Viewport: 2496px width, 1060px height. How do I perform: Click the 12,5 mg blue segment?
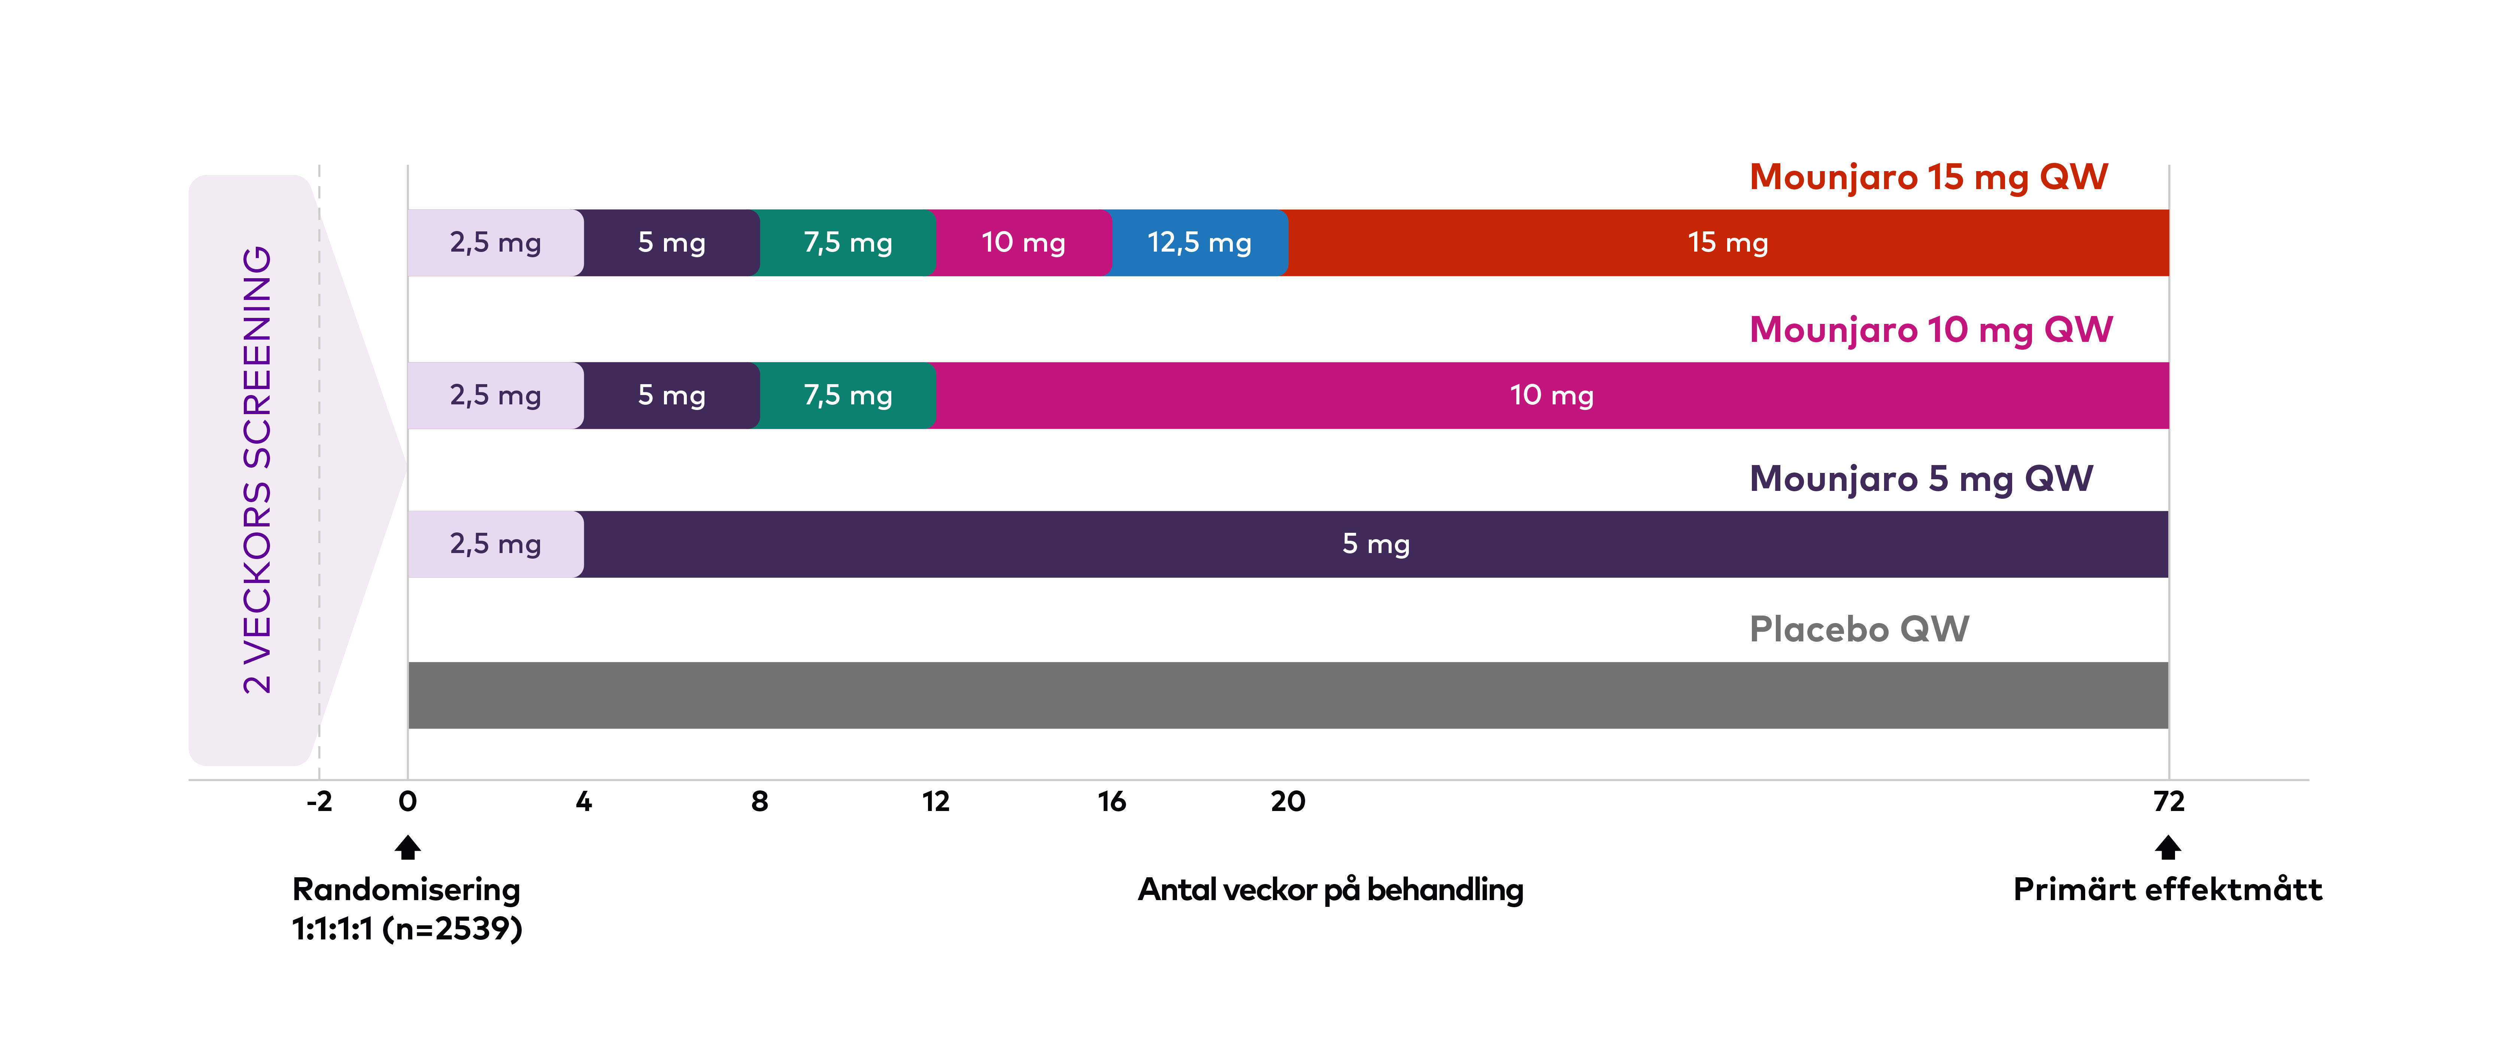[x=1200, y=242]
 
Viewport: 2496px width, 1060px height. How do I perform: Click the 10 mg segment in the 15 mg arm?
[x=1023, y=242]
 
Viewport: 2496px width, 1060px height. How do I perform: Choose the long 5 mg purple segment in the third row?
[x=1376, y=544]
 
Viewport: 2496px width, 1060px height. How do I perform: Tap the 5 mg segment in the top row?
[x=671, y=242]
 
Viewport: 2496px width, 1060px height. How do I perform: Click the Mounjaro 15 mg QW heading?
[x=1928, y=177]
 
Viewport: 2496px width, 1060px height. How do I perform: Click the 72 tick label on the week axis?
[x=2168, y=801]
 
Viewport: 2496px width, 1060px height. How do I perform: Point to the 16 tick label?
[x=1111, y=801]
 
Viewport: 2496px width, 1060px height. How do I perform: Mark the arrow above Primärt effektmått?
[x=2168, y=848]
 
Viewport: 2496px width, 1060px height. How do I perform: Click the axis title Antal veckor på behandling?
[x=1330, y=890]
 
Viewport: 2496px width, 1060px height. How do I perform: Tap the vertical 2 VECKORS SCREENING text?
[x=257, y=470]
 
